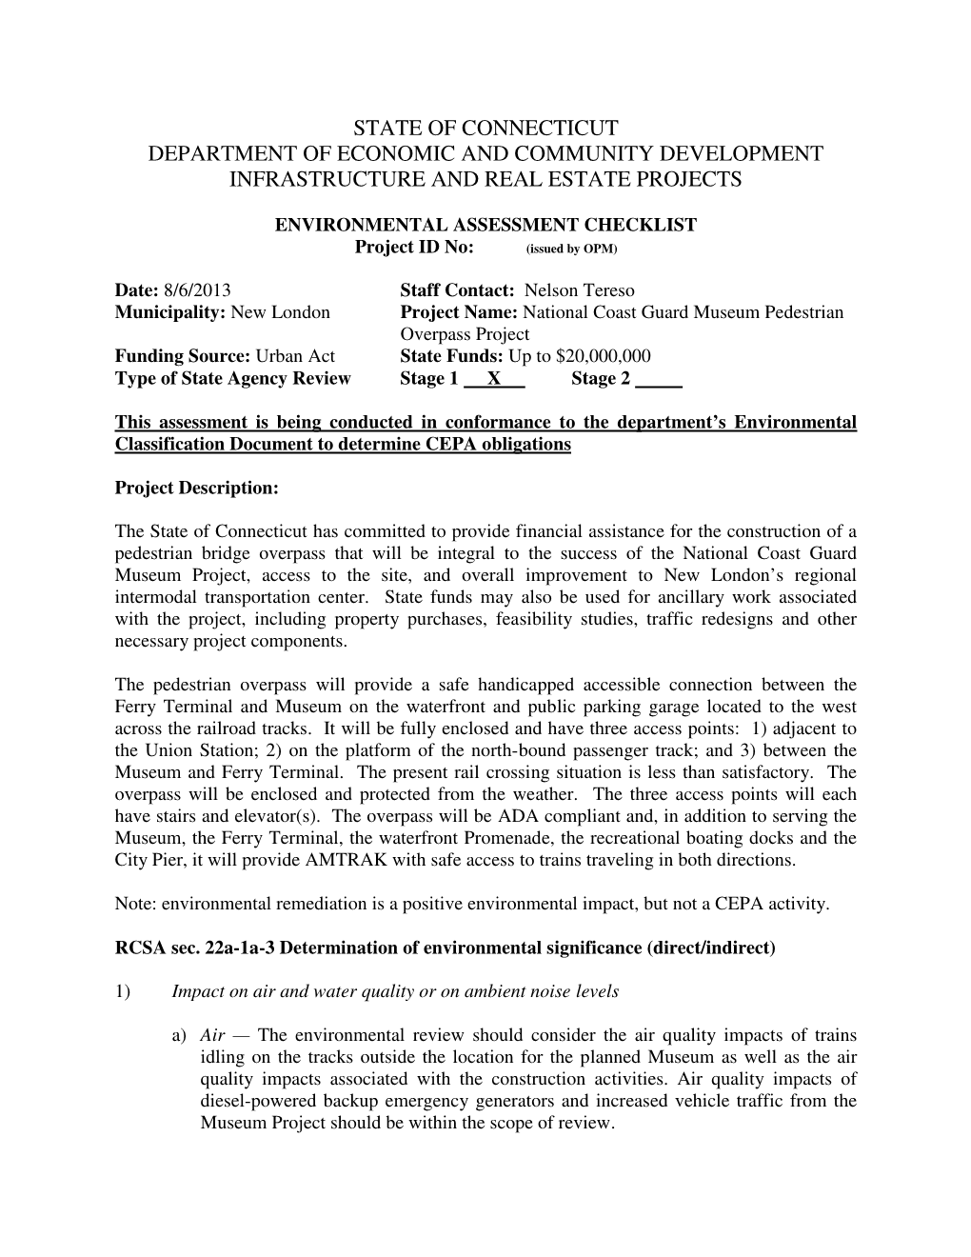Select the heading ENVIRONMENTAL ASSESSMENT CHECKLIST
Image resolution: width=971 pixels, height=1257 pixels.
(485, 225)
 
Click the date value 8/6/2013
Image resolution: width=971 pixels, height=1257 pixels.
(197, 290)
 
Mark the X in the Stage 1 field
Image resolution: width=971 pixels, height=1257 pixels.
(494, 378)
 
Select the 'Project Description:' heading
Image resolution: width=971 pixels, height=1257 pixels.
(196, 488)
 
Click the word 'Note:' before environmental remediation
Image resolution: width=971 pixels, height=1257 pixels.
(133, 904)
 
